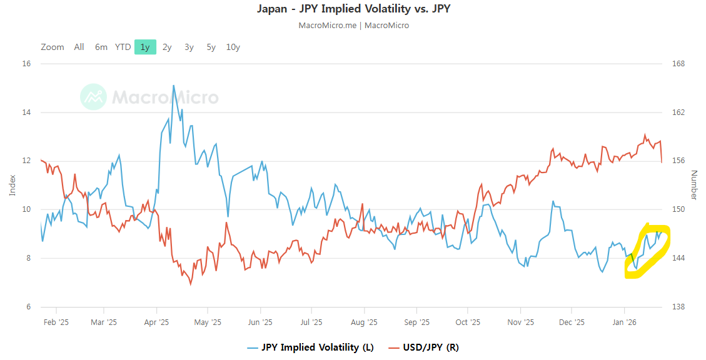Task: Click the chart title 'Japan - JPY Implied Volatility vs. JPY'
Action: (353, 9)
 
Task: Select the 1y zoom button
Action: (145, 47)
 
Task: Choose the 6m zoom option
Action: (101, 47)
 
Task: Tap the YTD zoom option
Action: (123, 47)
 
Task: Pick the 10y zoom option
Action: (233, 47)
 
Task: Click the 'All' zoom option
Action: (79, 47)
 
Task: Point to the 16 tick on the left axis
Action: (26, 64)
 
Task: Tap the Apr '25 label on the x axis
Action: (156, 322)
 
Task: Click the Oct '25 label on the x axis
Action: (468, 322)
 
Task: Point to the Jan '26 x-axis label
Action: (624, 322)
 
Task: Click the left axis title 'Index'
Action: (13, 185)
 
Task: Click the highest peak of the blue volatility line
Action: (173, 85)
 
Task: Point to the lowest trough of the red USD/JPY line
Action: (191, 284)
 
